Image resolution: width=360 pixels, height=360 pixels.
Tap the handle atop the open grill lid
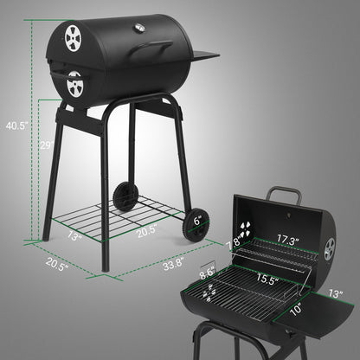click(282, 191)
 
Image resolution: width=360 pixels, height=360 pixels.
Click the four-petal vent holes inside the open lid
click(247, 229)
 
